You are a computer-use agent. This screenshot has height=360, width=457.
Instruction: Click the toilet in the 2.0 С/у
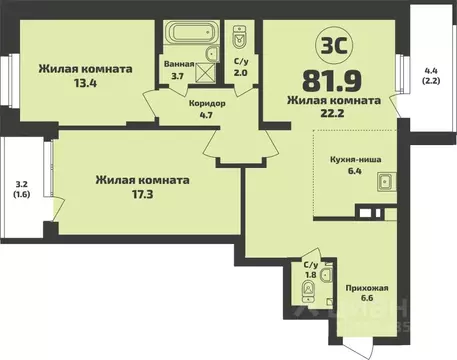(x=239, y=39)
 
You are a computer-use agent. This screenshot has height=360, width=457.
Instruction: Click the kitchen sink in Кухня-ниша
(x=384, y=182)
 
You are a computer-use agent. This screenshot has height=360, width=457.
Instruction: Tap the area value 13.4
(x=85, y=85)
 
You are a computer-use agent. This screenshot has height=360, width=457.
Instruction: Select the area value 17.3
(x=142, y=196)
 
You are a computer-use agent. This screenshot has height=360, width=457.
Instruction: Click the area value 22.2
(x=334, y=115)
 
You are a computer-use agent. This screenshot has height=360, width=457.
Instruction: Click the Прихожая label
(x=367, y=287)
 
